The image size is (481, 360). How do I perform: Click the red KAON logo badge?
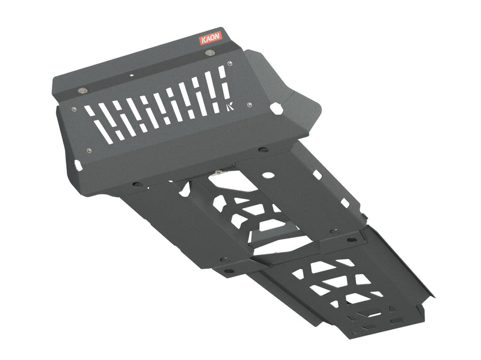click(x=210, y=38)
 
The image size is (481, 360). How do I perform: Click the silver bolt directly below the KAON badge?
click(x=209, y=53)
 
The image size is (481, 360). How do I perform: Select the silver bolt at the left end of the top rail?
click(x=82, y=91)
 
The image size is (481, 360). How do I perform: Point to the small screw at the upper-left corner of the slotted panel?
click(x=74, y=109)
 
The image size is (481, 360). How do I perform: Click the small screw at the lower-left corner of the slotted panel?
click(x=89, y=150)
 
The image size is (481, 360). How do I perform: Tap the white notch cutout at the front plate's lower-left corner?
click(x=78, y=164)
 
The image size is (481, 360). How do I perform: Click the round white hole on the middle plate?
click(x=269, y=175)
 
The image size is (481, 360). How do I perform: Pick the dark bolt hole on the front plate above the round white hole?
click(x=263, y=149)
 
